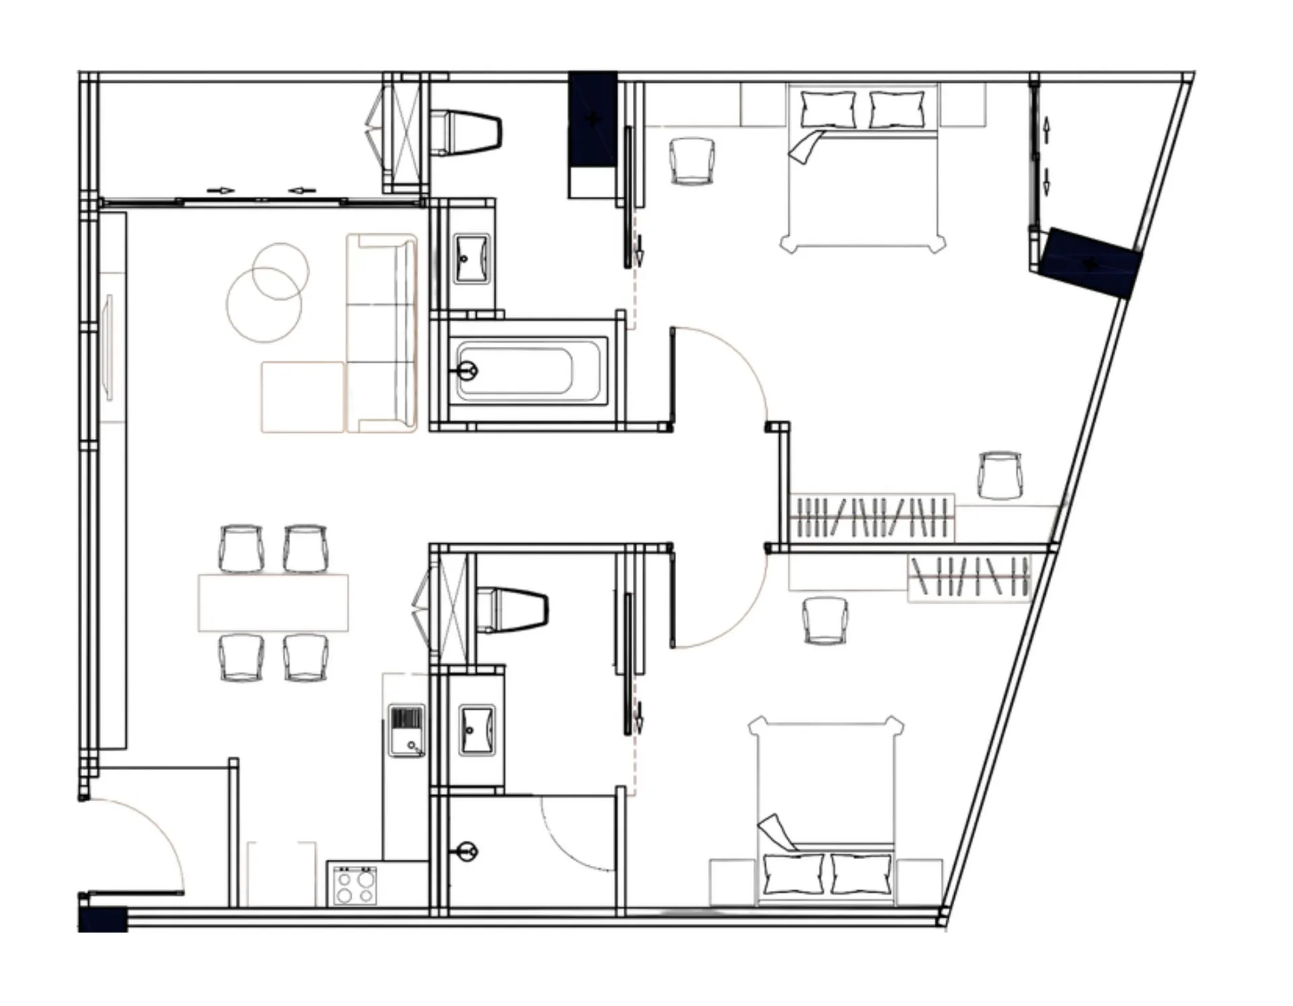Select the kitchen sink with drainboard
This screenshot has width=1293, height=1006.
[407, 730]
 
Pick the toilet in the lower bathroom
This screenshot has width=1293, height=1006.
[515, 609]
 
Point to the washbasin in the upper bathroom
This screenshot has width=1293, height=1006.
[471, 259]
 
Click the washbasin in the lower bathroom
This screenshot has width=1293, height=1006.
[476, 730]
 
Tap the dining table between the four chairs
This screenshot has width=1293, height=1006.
[273, 602]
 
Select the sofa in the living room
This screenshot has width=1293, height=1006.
[382, 333]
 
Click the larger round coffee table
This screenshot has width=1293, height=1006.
[263, 305]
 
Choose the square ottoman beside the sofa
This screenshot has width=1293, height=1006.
[302, 397]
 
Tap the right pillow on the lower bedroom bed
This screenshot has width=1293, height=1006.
[861, 873]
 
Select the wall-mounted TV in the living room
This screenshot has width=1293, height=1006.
[108, 347]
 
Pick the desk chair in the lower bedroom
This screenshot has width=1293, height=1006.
[825, 621]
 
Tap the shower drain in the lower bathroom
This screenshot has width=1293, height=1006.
[465, 851]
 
